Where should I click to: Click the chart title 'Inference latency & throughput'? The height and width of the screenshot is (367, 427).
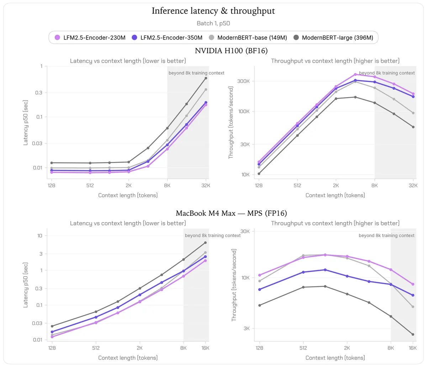point(213,11)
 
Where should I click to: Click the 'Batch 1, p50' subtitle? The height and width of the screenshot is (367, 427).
point(213,23)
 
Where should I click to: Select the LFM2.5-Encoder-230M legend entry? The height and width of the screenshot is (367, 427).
point(90,38)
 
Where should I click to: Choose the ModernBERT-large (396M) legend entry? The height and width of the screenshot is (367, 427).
point(333,38)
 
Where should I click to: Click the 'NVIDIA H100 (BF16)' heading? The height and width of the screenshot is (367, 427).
point(231,51)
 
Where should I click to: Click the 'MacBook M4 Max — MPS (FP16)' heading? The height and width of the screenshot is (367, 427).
point(231,213)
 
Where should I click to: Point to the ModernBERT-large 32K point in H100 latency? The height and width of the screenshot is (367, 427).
point(206,78)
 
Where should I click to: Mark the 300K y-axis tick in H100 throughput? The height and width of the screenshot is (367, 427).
point(243,81)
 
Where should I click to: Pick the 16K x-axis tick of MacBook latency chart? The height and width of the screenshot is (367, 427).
point(205,348)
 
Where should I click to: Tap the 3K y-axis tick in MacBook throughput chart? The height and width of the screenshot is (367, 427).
point(247,329)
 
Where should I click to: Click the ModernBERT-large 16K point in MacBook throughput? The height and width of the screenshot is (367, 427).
point(413,334)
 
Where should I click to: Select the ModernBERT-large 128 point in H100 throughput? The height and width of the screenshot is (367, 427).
point(259,174)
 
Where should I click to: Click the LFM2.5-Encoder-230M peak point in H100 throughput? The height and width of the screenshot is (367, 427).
point(355,74)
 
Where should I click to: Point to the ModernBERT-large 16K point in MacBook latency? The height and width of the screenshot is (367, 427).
point(205,243)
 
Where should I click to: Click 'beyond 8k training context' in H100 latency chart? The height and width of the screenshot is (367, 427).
point(196,73)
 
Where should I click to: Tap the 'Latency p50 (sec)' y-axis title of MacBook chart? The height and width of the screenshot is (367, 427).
point(25,285)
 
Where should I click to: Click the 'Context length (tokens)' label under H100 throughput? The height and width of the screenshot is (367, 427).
point(335,195)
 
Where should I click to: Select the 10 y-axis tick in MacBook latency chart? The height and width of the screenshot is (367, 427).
point(39,236)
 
